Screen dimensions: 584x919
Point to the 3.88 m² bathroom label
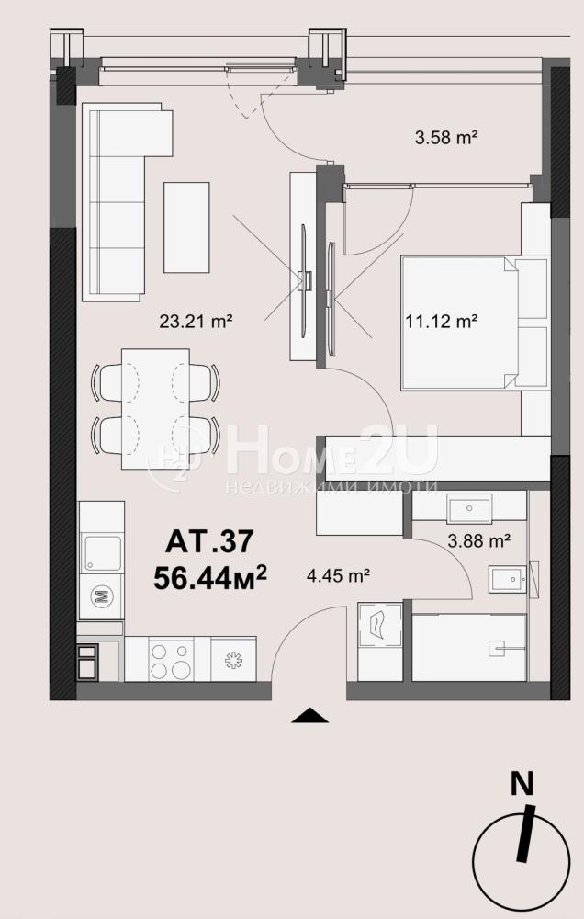(477, 540)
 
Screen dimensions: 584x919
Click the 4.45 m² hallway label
(338, 576)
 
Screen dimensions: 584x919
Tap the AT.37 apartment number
(209, 541)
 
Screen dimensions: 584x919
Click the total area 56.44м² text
(210, 577)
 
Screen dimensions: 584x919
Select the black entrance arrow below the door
(309, 716)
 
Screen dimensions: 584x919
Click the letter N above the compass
(522, 784)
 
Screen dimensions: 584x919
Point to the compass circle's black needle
(526, 834)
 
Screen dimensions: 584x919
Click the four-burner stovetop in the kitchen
(171, 659)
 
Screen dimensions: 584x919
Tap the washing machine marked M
(101, 596)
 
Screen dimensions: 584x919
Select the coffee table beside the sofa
(186, 227)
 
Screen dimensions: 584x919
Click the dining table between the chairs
(155, 409)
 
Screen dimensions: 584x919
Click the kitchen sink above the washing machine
(102, 553)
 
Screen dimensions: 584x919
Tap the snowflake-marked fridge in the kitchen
(233, 659)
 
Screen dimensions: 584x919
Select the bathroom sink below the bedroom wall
(468, 508)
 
